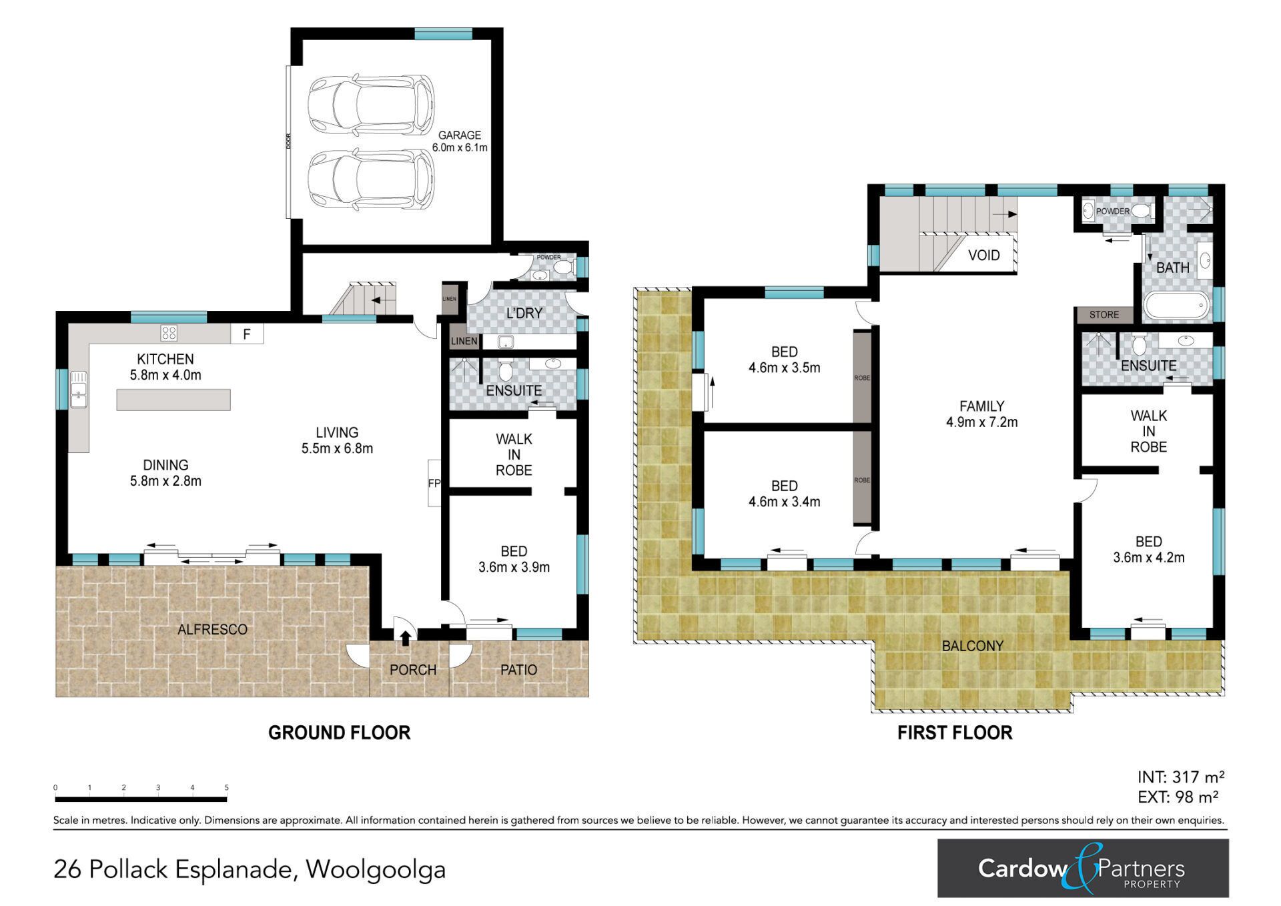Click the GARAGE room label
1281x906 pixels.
coord(460,135)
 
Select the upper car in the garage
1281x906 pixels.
coord(371,103)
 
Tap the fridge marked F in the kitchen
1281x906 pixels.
coord(247,334)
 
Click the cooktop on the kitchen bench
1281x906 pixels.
coord(169,332)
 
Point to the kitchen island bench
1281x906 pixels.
coord(173,400)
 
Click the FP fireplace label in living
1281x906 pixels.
coord(434,483)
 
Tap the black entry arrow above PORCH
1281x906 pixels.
coord(405,638)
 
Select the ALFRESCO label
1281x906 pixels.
coord(212,629)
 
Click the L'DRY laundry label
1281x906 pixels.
coord(524,313)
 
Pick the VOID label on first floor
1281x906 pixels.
coord(984,255)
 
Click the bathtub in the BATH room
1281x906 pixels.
coord(1176,306)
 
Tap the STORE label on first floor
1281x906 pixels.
coord(1104,315)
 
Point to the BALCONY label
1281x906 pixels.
coord(973,646)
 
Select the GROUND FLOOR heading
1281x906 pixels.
coord(339,733)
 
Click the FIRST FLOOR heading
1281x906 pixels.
coord(955,733)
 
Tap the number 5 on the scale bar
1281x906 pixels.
coord(227,788)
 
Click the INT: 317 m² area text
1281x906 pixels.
coord(1181,777)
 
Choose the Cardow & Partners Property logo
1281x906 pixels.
coord(1083,868)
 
